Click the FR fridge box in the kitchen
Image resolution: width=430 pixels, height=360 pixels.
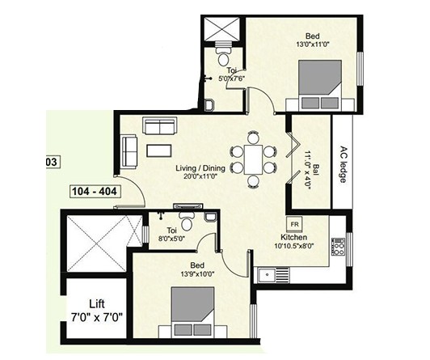pyautogui.click(x=294, y=224)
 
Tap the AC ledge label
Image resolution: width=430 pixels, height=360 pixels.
pyautogui.click(x=343, y=164)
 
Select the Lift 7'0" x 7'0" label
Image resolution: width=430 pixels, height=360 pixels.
pyautogui.click(x=97, y=311)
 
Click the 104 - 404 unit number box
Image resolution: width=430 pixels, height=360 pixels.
pyautogui.click(x=94, y=191)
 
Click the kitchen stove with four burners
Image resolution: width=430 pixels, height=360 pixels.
pyautogui.click(x=338, y=247)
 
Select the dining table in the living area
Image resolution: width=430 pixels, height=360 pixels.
pyautogui.click(x=253, y=159)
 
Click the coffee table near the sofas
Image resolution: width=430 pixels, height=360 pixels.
pyautogui.click(x=159, y=150)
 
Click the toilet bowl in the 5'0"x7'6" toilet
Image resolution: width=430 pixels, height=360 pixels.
pyautogui.click(x=224, y=55)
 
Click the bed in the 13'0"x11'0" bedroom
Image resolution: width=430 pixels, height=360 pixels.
pyautogui.click(x=320, y=86)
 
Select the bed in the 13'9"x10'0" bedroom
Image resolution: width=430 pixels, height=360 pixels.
pyautogui.click(x=193, y=312)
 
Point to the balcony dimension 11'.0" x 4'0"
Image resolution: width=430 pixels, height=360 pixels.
pyautogui.click(x=310, y=171)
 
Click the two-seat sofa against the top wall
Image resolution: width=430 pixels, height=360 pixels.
pyautogui.click(x=159, y=126)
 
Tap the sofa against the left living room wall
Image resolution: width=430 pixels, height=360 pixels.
pyautogui.click(x=128, y=151)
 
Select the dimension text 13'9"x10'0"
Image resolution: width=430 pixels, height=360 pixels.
pyautogui.click(x=198, y=273)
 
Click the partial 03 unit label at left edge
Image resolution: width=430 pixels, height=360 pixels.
pyautogui.click(x=51, y=162)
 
